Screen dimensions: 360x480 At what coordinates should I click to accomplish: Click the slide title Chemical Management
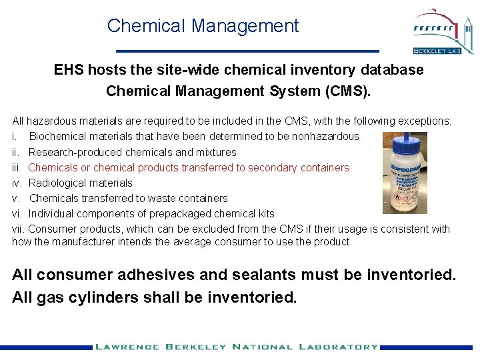click(203, 26)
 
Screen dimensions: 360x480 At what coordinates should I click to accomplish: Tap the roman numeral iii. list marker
click(18, 167)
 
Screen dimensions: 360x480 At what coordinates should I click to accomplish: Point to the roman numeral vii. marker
click(19, 229)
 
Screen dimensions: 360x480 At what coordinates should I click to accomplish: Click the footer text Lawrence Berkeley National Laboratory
click(236, 347)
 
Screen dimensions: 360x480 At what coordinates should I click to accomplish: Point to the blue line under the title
click(247, 51)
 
